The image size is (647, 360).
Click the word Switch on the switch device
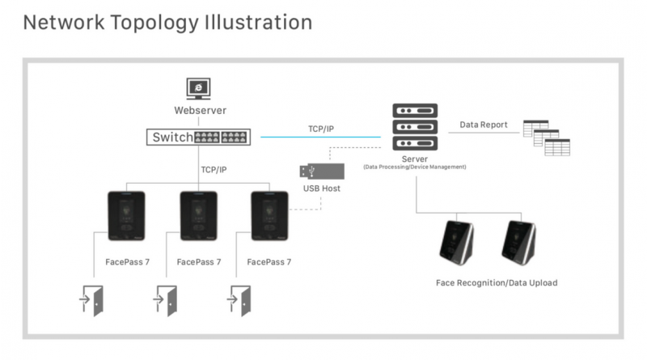(173, 138)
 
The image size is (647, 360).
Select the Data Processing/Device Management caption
(415, 167)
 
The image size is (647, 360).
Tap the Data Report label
(484, 125)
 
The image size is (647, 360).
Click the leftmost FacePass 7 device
(125, 214)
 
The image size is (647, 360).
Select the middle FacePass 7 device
(198, 214)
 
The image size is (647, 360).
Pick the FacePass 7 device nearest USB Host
(269, 214)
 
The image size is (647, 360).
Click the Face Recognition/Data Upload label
(497, 283)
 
